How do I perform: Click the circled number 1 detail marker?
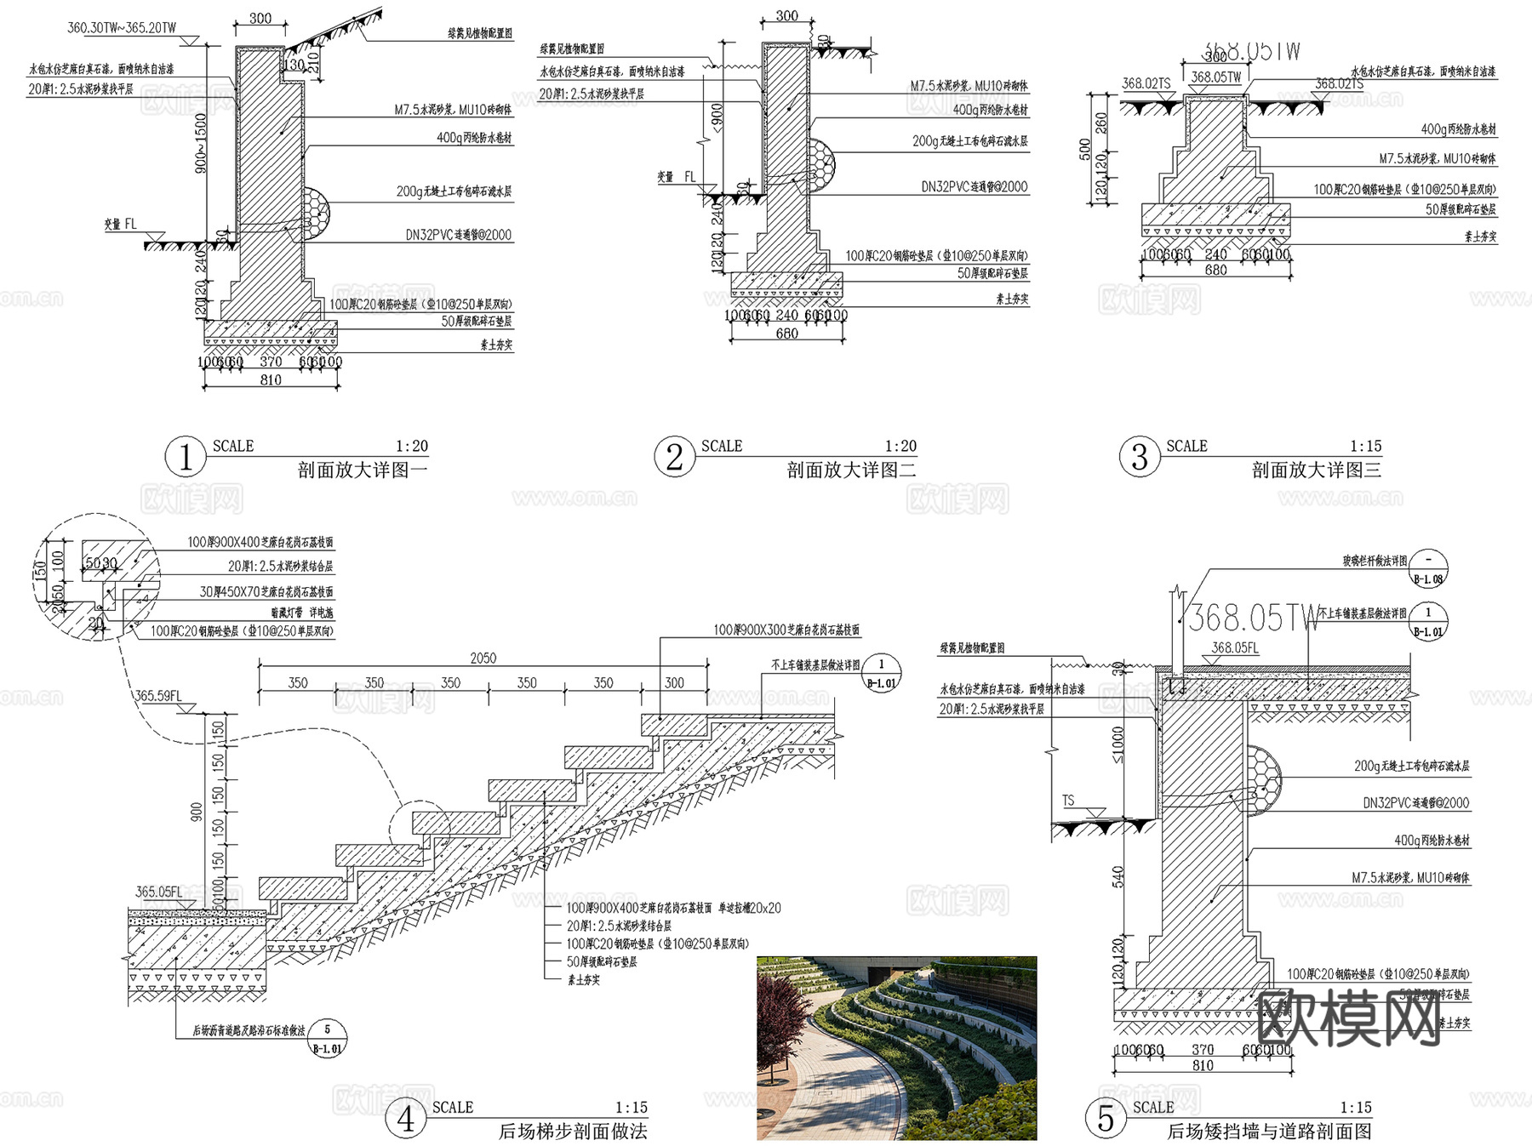click(185, 457)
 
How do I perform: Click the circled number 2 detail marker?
click(674, 457)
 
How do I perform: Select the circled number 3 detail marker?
click(1139, 457)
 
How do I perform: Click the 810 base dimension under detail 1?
click(271, 380)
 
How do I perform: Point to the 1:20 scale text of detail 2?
click(900, 446)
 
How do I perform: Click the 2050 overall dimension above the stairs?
click(483, 658)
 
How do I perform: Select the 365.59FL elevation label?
click(158, 695)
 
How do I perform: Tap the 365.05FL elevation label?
click(159, 892)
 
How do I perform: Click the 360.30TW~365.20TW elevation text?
click(122, 28)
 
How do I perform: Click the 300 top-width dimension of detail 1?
click(260, 19)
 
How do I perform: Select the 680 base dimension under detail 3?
click(1215, 270)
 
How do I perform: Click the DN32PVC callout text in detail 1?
click(458, 235)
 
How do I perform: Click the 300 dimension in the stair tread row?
click(674, 682)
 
